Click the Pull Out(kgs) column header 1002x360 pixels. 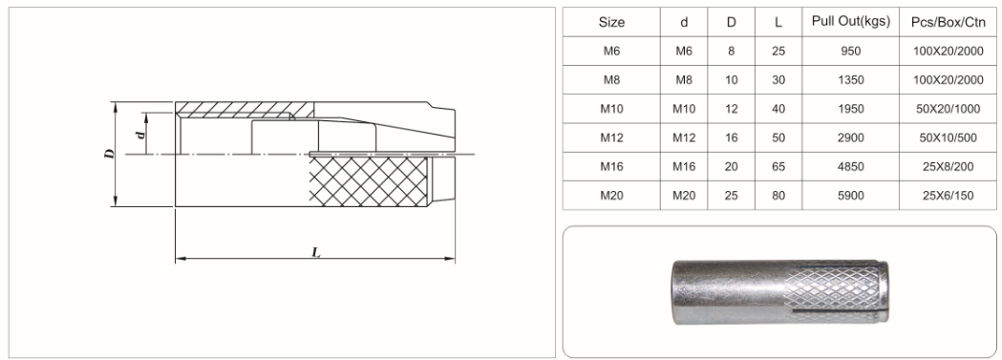tap(850, 21)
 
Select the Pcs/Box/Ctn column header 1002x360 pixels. tap(948, 22)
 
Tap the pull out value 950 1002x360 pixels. tap(850, 51)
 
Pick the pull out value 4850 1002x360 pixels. tap(850, 166)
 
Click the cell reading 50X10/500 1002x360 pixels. tap(948, 138)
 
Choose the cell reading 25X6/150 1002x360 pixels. tap(948, 196)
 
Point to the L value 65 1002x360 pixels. tap(778, 166)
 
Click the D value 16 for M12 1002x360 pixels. tap(731, 138)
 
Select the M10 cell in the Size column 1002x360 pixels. tap(611, 109)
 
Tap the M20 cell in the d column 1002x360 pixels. tap(684, 196)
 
